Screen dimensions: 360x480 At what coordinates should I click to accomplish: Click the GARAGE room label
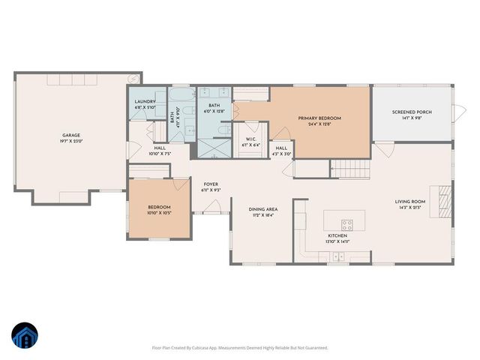70,136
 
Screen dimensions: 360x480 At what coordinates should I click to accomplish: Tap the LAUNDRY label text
144,102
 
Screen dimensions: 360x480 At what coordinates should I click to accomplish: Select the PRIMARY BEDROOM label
319,118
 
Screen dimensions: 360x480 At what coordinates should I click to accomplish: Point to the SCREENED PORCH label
412,112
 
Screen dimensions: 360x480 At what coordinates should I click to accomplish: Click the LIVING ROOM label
410,202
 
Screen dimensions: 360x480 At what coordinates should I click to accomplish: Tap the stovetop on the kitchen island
347,223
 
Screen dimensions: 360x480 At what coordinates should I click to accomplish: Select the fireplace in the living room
445,199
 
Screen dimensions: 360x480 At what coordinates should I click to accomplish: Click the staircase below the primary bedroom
350,169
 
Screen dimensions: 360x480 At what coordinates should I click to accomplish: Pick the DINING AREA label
263,209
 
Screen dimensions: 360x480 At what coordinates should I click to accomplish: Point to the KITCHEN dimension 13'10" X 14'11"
337,241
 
